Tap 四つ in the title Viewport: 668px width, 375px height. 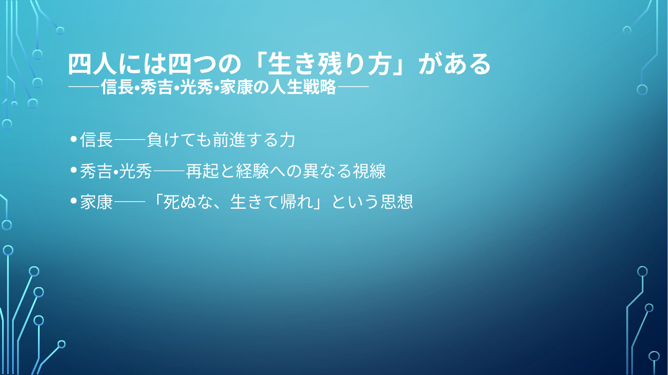[192, 64]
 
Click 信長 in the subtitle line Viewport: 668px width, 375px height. [117, 87]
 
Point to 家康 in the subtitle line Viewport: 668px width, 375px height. [237, 87]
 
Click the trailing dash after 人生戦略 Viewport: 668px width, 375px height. [353, 87]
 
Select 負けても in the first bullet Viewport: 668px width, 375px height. [179, 140]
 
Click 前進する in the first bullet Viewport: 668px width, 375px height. [246, 140]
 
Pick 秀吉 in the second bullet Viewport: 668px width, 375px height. [96, 171]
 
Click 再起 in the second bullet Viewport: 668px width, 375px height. [202, 171]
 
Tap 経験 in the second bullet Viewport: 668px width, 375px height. [252, 171]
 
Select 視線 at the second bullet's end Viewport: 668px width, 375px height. [369, 171]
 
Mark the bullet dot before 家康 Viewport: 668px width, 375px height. [74, 201]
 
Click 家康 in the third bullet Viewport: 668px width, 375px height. [96, 202]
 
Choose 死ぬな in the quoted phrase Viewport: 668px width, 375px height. [188, 202]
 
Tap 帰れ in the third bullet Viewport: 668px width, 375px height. [297, 202]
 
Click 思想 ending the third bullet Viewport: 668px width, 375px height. [397, 202]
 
